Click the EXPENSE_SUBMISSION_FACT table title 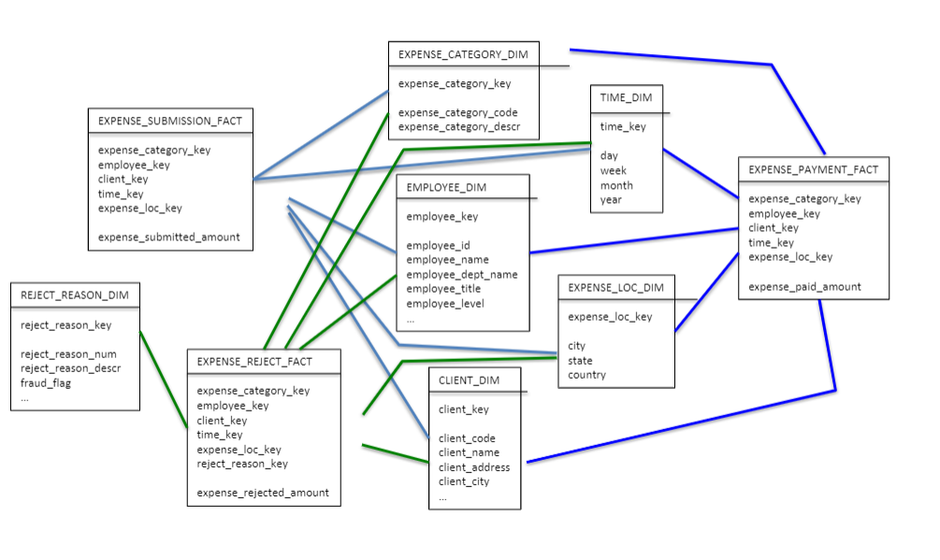coord(170,121)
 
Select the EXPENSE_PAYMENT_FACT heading coord(814,169)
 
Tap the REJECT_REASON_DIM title coord(74,295)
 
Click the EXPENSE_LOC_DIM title coord(615,287)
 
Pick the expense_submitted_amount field coord(168,237)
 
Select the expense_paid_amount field coord(804,286)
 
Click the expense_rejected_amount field coord(263,493)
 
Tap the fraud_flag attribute coord(46,382)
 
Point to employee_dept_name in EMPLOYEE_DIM coord(461,275)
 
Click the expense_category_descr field coord(458,127)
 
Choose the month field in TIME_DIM coord(616,185)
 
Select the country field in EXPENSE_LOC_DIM coord(586,375)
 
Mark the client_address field coord(474,467)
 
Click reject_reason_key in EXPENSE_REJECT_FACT coord(242,464)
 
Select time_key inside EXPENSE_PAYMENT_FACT coord(771,242)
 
